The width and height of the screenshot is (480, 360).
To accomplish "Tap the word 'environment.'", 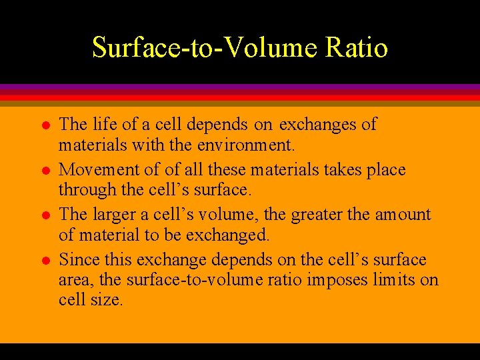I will pos(247,143).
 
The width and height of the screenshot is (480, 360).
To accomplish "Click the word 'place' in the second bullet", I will pos(385,171).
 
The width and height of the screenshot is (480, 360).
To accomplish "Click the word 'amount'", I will pos(403,215).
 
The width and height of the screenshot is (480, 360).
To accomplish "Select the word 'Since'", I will pos(79,259).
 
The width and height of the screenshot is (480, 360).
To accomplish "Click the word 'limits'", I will pos(396,279).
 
